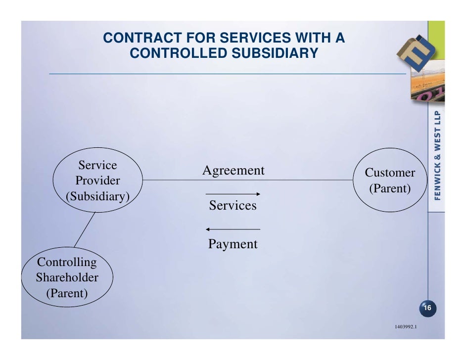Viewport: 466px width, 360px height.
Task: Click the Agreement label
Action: point(233,171)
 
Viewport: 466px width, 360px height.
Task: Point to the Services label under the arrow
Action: point(233,205)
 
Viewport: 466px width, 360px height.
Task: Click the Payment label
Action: point(233,244)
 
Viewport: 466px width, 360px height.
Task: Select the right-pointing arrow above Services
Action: point(233,194)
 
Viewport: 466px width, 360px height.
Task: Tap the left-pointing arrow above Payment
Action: point(233,229)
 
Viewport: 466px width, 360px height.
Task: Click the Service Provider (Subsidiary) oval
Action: point(98,180)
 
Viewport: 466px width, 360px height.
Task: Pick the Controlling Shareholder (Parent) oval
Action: point(67,277)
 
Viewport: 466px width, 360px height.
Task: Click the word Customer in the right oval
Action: point(390,173)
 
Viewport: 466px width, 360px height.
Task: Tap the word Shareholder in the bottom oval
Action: point(67,277)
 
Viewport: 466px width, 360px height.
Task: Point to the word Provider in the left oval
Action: point(97,180)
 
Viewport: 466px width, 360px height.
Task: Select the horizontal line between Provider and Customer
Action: point(173,180)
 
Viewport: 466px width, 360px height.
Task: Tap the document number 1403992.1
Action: point(405,327)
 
